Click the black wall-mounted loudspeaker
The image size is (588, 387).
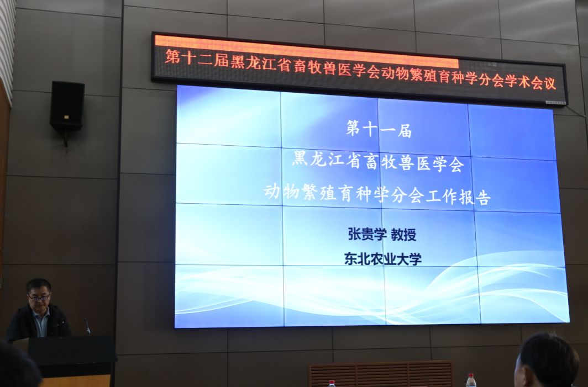[67, 106]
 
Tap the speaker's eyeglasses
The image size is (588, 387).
[39, 298]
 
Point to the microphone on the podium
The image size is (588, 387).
[87, 326]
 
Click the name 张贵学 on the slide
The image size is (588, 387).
[368, 235]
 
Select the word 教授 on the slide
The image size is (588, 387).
[403, 235]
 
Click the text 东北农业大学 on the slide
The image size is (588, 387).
[383, 259]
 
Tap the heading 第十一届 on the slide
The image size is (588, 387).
[379, 129]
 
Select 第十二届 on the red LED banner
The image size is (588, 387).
[197, 59]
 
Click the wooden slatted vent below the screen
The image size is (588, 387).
[381, 374]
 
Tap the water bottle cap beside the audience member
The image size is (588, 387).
[471, 376]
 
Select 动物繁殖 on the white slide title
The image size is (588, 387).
[299, 192]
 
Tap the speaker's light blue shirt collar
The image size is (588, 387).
[41, 314]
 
